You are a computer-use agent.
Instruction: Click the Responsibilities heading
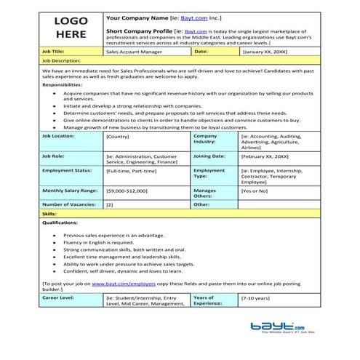coord(65,84)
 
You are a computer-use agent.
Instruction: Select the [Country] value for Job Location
coord(119,136)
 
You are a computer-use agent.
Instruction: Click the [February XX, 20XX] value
coord(266,156)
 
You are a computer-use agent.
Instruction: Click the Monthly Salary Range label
coord(70,190)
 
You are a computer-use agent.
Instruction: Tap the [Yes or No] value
coord(255,190)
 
